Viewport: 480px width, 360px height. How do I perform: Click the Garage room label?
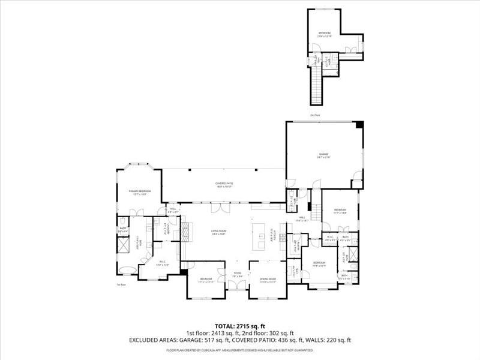coord(324,155)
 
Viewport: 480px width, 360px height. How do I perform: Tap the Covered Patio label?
coord(224,184)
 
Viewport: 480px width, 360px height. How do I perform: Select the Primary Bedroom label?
coord(140,192)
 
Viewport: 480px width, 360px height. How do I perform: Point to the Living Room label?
coord(218,232)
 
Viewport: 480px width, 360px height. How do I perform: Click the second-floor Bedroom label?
coord(324,34)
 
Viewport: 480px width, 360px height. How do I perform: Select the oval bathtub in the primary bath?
coord(127,268)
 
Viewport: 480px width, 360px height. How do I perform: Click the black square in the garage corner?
coord(359,125)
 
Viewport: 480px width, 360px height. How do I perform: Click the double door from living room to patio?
coord(220,206)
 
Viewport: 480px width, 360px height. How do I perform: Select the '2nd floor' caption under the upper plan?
coord(316,115)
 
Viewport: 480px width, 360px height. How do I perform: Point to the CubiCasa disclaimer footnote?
coord(239,350)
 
